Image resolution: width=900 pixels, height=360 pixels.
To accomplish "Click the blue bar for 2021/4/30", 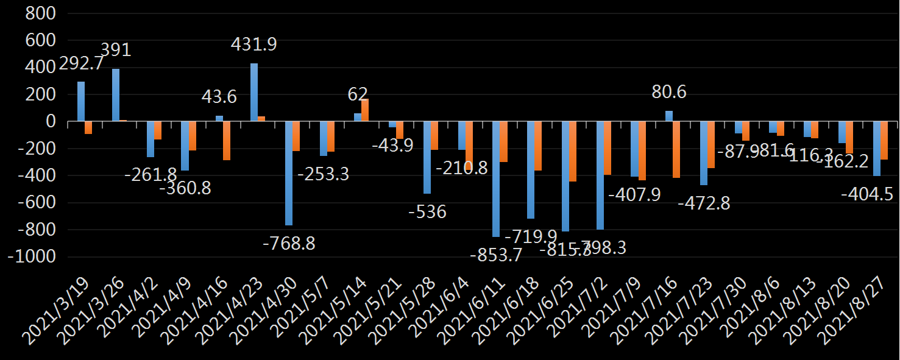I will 289,174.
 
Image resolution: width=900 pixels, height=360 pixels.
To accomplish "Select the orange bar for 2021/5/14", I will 365,110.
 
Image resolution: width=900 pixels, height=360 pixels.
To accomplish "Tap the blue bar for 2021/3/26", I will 116,95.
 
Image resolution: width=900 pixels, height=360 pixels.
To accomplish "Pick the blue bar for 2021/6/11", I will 496,179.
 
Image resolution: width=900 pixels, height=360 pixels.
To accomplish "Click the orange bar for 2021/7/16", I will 676,150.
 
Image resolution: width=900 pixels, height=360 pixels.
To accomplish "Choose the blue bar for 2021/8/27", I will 877,149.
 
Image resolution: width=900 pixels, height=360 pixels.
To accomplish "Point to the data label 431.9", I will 254,44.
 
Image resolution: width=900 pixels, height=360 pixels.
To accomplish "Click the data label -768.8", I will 289,244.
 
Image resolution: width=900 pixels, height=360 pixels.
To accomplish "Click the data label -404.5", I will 866,194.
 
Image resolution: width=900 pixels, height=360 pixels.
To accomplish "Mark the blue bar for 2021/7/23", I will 704,154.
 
